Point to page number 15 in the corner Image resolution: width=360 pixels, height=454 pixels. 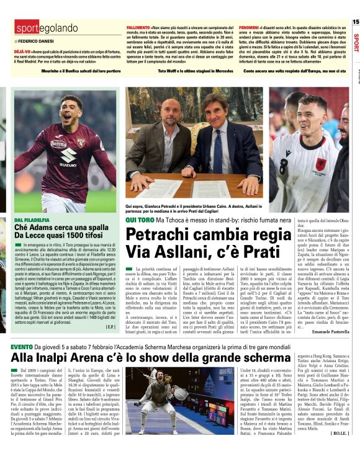coord(355,22)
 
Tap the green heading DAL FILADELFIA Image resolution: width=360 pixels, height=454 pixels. coord(32,220)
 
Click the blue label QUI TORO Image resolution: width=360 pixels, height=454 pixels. coord(138,220)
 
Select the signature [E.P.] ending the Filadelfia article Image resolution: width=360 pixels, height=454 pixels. coord(110,326)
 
